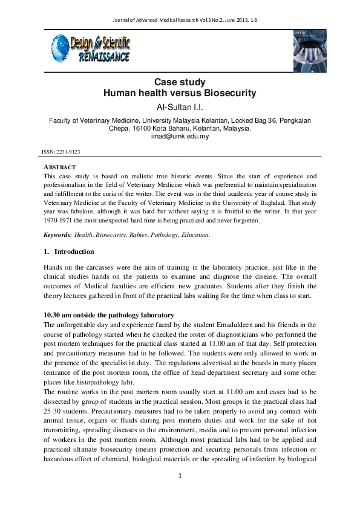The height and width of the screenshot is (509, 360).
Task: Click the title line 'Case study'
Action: coord(180,82)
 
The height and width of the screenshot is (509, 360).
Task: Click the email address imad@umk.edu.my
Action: coord(180,136)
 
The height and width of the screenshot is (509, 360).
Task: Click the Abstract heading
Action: coord(59,167)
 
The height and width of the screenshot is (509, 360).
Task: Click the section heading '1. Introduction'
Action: coord(68,251)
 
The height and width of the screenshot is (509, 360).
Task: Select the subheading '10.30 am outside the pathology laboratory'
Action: coord(109,315)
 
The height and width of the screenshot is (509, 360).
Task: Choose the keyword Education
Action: coord(194,235)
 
